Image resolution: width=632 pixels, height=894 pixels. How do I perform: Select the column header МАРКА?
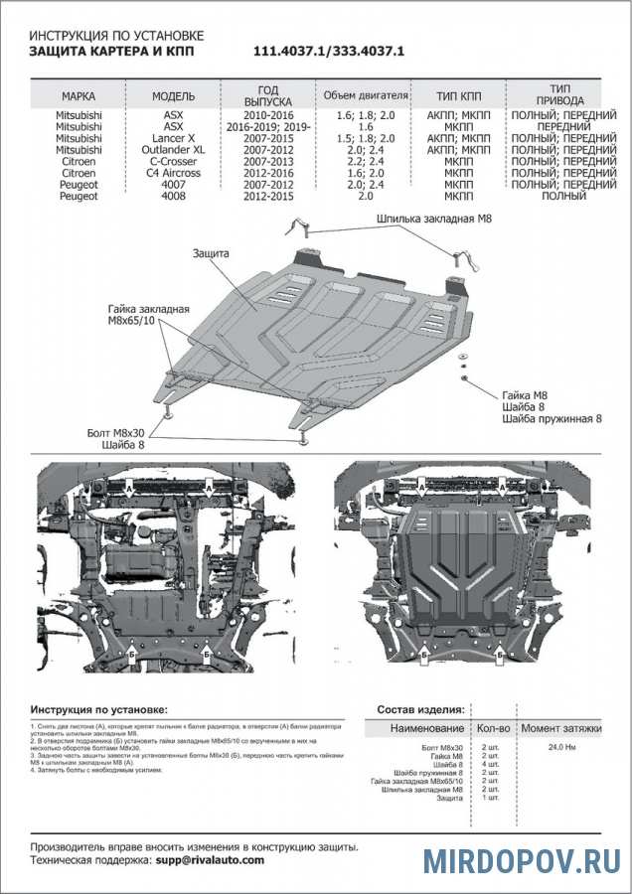(79, 96)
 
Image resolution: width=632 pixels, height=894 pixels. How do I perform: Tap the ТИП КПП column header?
(459, 96)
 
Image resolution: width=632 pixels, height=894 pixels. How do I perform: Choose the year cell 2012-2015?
(268, 196)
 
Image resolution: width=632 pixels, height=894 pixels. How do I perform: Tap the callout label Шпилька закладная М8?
(434, 218)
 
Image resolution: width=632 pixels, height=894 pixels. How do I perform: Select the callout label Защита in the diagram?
(212, 254)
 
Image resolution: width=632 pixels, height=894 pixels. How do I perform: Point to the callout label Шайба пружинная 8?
(553, 418)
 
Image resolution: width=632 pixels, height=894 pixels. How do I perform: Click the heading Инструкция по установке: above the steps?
(99, 710)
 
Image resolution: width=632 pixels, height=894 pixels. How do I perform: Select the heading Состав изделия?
(421, 710)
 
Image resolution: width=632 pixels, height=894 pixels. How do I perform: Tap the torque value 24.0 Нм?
(562, 746)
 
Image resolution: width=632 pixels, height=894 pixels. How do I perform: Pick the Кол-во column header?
(494, 728)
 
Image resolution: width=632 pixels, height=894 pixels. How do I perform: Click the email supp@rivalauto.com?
(210, 860)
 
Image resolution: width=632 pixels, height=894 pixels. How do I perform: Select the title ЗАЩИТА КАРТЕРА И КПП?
(109, 49)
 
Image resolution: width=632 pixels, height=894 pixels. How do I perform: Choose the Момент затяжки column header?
(562, 728)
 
